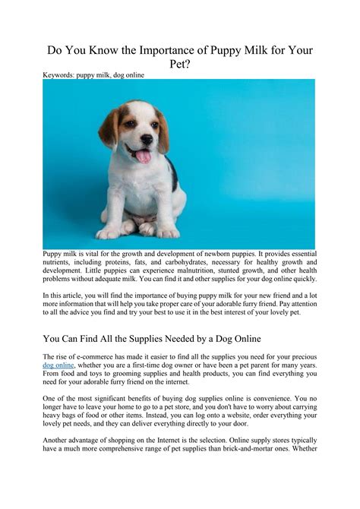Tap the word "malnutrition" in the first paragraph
[202, 270]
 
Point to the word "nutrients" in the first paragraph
[61, 261]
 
